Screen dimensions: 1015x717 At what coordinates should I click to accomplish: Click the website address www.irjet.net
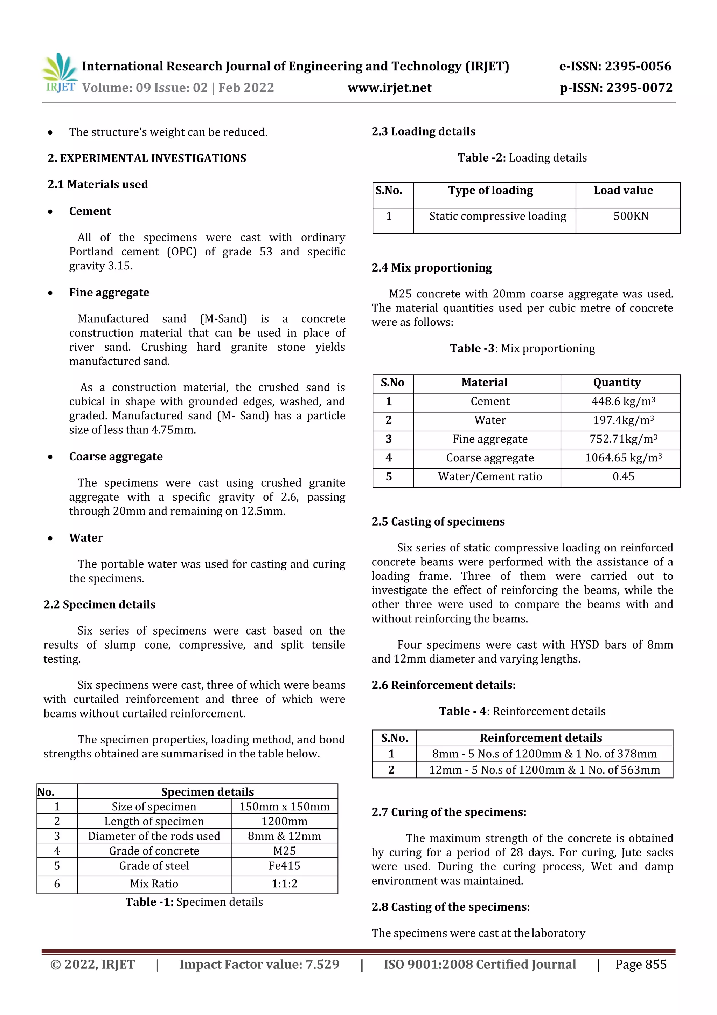[x=389, y=88]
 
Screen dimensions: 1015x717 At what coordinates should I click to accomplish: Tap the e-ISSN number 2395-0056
[x=638, y=66]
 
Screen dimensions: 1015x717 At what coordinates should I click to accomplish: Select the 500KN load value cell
[x=631, y=216]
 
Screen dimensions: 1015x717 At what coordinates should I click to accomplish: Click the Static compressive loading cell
[x=497, y=216]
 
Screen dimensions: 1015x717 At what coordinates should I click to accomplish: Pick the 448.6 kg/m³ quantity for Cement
[x=623, y=402]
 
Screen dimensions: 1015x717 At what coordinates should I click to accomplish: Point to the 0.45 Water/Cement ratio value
[x=623, y=476]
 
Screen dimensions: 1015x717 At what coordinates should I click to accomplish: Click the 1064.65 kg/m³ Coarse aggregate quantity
[x=623, y=458]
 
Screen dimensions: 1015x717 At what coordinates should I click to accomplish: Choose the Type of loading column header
[x=490, y=191]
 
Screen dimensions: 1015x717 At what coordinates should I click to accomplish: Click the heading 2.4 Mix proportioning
[x=432, y=268]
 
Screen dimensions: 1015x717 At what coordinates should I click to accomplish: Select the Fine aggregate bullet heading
[x=109, y=293]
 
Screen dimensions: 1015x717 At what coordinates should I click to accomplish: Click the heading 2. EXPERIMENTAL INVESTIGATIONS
[x=147, y=158]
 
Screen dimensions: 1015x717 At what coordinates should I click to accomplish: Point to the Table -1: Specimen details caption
[x=194, y=902]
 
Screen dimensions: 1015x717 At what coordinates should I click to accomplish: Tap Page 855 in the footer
[x=641, y=965]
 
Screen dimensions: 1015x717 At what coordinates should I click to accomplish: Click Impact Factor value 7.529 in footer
[x=259, y=965]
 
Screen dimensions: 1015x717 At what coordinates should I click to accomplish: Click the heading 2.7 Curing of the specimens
[x=449, y=812]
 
